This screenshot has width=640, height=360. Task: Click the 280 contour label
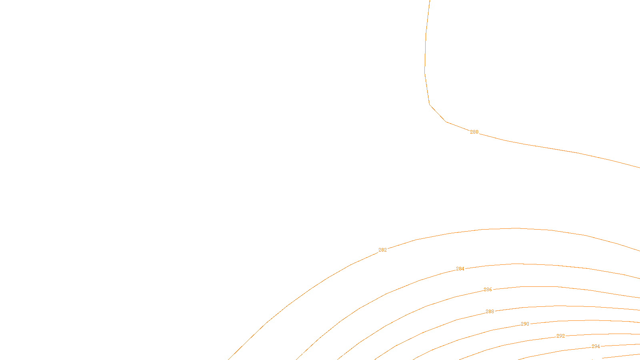click(x=474, y=132)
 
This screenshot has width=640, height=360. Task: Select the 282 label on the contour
click(x=382, y=250)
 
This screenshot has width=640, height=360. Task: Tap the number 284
click(x=460, y=269)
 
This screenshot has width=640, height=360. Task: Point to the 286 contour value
click(x=488, y=290)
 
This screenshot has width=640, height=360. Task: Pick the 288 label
click(x=490, y=312)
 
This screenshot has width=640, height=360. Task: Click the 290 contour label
click(x=525, y=324)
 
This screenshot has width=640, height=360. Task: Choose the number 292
click(x=560, y=336)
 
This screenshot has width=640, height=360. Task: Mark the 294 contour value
click(x=596, y=346)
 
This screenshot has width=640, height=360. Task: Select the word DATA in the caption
click(x=338, y=354)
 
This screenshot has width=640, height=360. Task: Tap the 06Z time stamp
click(x=303, y=354)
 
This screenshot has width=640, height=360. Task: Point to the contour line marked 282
click(x=516, y=228)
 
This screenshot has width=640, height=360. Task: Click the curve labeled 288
click(x=560, y=306)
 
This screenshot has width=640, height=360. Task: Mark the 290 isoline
click(x=580, y=320)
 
